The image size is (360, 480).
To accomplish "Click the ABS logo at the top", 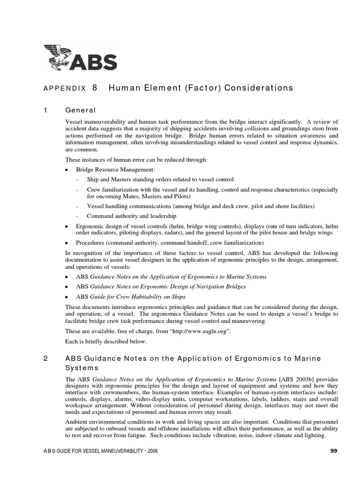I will [x=80, y=57].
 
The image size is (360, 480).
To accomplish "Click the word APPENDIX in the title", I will [x=65, y=88].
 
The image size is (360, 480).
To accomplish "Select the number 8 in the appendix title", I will [x=95, y=88].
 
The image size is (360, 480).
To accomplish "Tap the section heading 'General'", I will [x=80, y=110].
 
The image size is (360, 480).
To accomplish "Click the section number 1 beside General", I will [x=45, y=110].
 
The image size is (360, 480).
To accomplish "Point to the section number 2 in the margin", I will [x=45, y=359].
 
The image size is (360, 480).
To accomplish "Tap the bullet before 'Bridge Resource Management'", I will [x=67, y=169].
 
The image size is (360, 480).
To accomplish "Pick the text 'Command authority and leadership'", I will [x=131, y=216].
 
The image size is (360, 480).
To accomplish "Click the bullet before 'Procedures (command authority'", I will [x=67, y=243].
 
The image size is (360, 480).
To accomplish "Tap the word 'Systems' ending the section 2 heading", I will [x=82, y=367].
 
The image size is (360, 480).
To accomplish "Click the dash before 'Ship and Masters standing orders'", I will [x=77, y=180].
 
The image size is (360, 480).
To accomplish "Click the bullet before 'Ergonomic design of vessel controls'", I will [x=67, y=226].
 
